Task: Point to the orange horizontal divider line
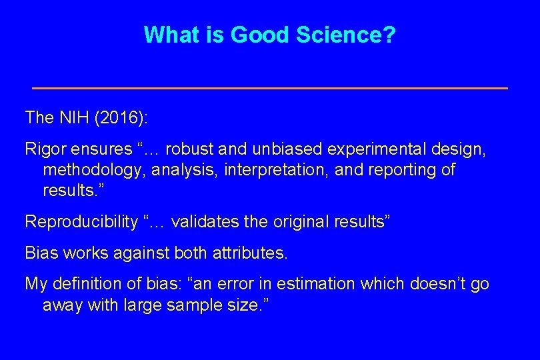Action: tap(270, 88)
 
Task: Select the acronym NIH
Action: tap(73, 118)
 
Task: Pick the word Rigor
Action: tap(43, 149)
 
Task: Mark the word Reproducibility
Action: tap(81, 222)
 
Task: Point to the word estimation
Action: tap(315, 284)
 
